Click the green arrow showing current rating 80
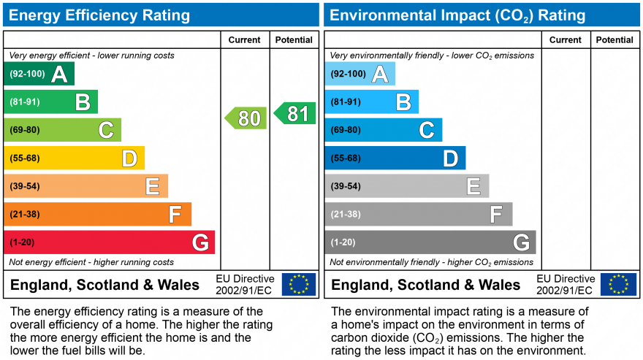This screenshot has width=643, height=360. pyautogui.click(x=246, y=118)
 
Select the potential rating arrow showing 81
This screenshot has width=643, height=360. pyautogui.click(x=295, y=113)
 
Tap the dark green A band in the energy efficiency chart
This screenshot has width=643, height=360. pyautogui.click(x=38, y=74)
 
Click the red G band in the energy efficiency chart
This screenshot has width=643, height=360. pyautogui.click(x=109, y=242)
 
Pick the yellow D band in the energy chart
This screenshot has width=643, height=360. pyautogui.click(x=73, y=158)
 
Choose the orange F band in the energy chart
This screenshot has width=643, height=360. pyautogui.click(x=97, y=214)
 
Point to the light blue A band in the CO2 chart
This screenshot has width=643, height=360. pyautogui.click(x=359, y=74)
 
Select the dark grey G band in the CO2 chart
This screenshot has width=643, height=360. pyautogui.click(x=430, y=242)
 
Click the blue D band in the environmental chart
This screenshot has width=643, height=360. pyautogui.click(x=395, y=158)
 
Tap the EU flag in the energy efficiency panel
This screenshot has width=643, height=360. pyautogui.click(x=299, y=284)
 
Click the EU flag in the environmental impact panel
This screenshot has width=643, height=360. pyautogui.click(x=618, y=284)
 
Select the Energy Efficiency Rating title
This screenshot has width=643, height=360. pyautogui.click(x=99, y=15)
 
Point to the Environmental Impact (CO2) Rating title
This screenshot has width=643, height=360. pyautogui.click(x=457, y=15)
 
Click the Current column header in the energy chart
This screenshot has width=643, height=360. pyautogui.click(x=245, y=40)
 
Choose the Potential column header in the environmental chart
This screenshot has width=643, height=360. pyautogui.click(x=615, y=40)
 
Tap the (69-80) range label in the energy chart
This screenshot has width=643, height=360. pyautogui.click(x=25, y=130)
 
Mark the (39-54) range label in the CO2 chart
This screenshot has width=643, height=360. pyautogui.click(x=346, y=186)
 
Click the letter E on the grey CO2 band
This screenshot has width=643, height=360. pyautogui.click(x=473, y=187)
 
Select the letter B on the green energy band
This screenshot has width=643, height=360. pyautogui.click(x=83, y=102)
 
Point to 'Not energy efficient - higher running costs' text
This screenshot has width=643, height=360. pyautogui.click(x=91, y=262)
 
